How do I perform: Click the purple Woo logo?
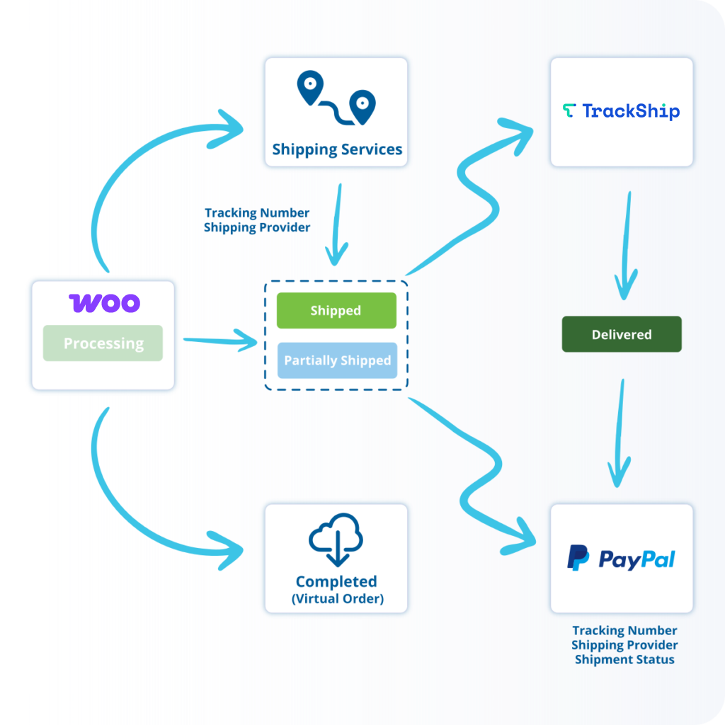[x=104, y=303]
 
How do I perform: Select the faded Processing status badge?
[x=103, y=343]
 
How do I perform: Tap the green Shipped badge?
[x=336, y=311]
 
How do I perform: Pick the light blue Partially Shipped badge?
[x=337, y=360]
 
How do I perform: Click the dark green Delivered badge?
[x=622, y=334]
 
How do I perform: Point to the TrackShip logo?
[x=621, y=111]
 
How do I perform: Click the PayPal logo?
[x=621, y=559]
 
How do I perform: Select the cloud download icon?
[x=336, y=539]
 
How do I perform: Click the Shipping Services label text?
[x=337, y=149]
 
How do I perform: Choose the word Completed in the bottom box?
[x=336, y=581]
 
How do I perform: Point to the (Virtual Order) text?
[x=337, y=599]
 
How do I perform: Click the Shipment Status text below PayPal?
[x=624, y=660]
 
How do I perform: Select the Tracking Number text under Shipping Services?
[x=257, y=212]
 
